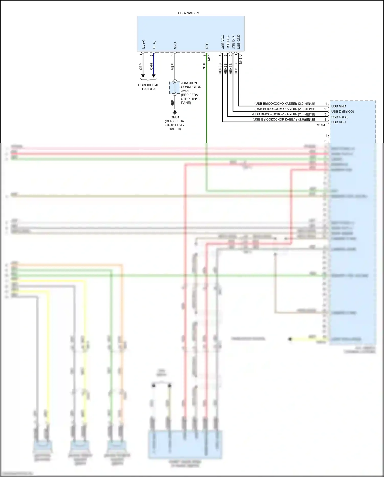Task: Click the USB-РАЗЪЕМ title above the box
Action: [x=189, y=13]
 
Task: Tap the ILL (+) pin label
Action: [x=144, y=45]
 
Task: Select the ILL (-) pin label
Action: [x=154, y=45]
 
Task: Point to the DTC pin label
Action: [x=207, y=46]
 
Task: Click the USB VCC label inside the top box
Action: [x=223, y=42]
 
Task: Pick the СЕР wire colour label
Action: [x=141, y=67]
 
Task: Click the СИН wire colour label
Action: [x=151, y=66]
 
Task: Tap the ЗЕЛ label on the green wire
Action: [x=204, y=66]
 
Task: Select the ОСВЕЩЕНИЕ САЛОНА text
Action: [x=148, y=87]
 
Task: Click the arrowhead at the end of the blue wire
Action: [x=154, y=76]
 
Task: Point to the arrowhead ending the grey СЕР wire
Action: [x=143, y=76]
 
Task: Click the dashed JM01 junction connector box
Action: [x=175, y=88]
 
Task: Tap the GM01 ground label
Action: [x=175, y=117]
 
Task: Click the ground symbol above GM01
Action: [x=175, y=112]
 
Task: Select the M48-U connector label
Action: [x=240, y=59]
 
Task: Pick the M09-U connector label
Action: [x=322, y=125]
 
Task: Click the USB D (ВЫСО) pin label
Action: [x=343, y=111]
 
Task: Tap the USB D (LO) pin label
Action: [x=340, y=117]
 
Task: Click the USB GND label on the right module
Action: [x=338, y=106]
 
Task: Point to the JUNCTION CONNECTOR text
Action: [x=191, y=85]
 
